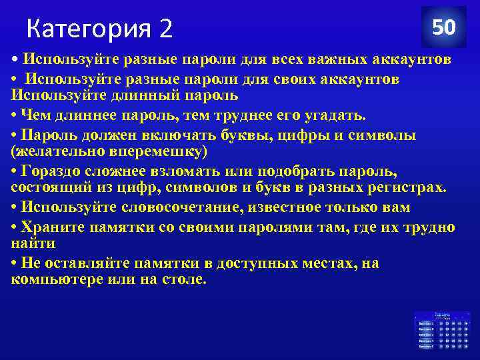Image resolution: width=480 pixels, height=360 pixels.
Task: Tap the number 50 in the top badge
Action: pyautogui.click(x=443, y=28)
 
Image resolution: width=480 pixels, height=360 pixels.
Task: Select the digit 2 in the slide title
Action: pyautogui.click(x=165, y=29)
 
